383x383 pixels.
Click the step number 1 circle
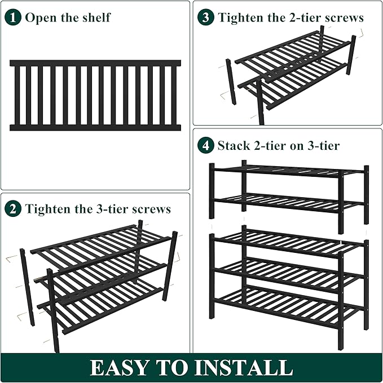tap(13, 17)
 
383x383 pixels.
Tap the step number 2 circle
tap(13, 209)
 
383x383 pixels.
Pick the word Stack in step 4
tap(233, 146)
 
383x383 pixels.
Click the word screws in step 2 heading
tap(151, 209)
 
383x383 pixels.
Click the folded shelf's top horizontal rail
tap(95, 63)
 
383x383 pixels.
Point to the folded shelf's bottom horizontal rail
tap(95, 128)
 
